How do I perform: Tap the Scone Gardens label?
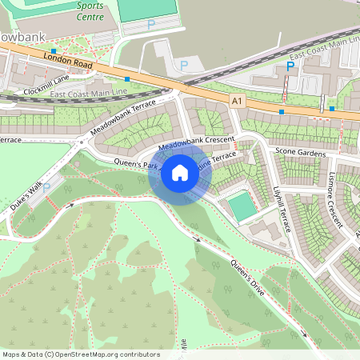(x=300, y=151)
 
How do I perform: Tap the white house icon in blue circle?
(x=180, y=173)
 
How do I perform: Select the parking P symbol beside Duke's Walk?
(x=46, y=187)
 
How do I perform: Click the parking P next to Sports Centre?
(x=150, y=25)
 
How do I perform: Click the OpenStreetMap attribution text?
(x=81, y=354)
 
